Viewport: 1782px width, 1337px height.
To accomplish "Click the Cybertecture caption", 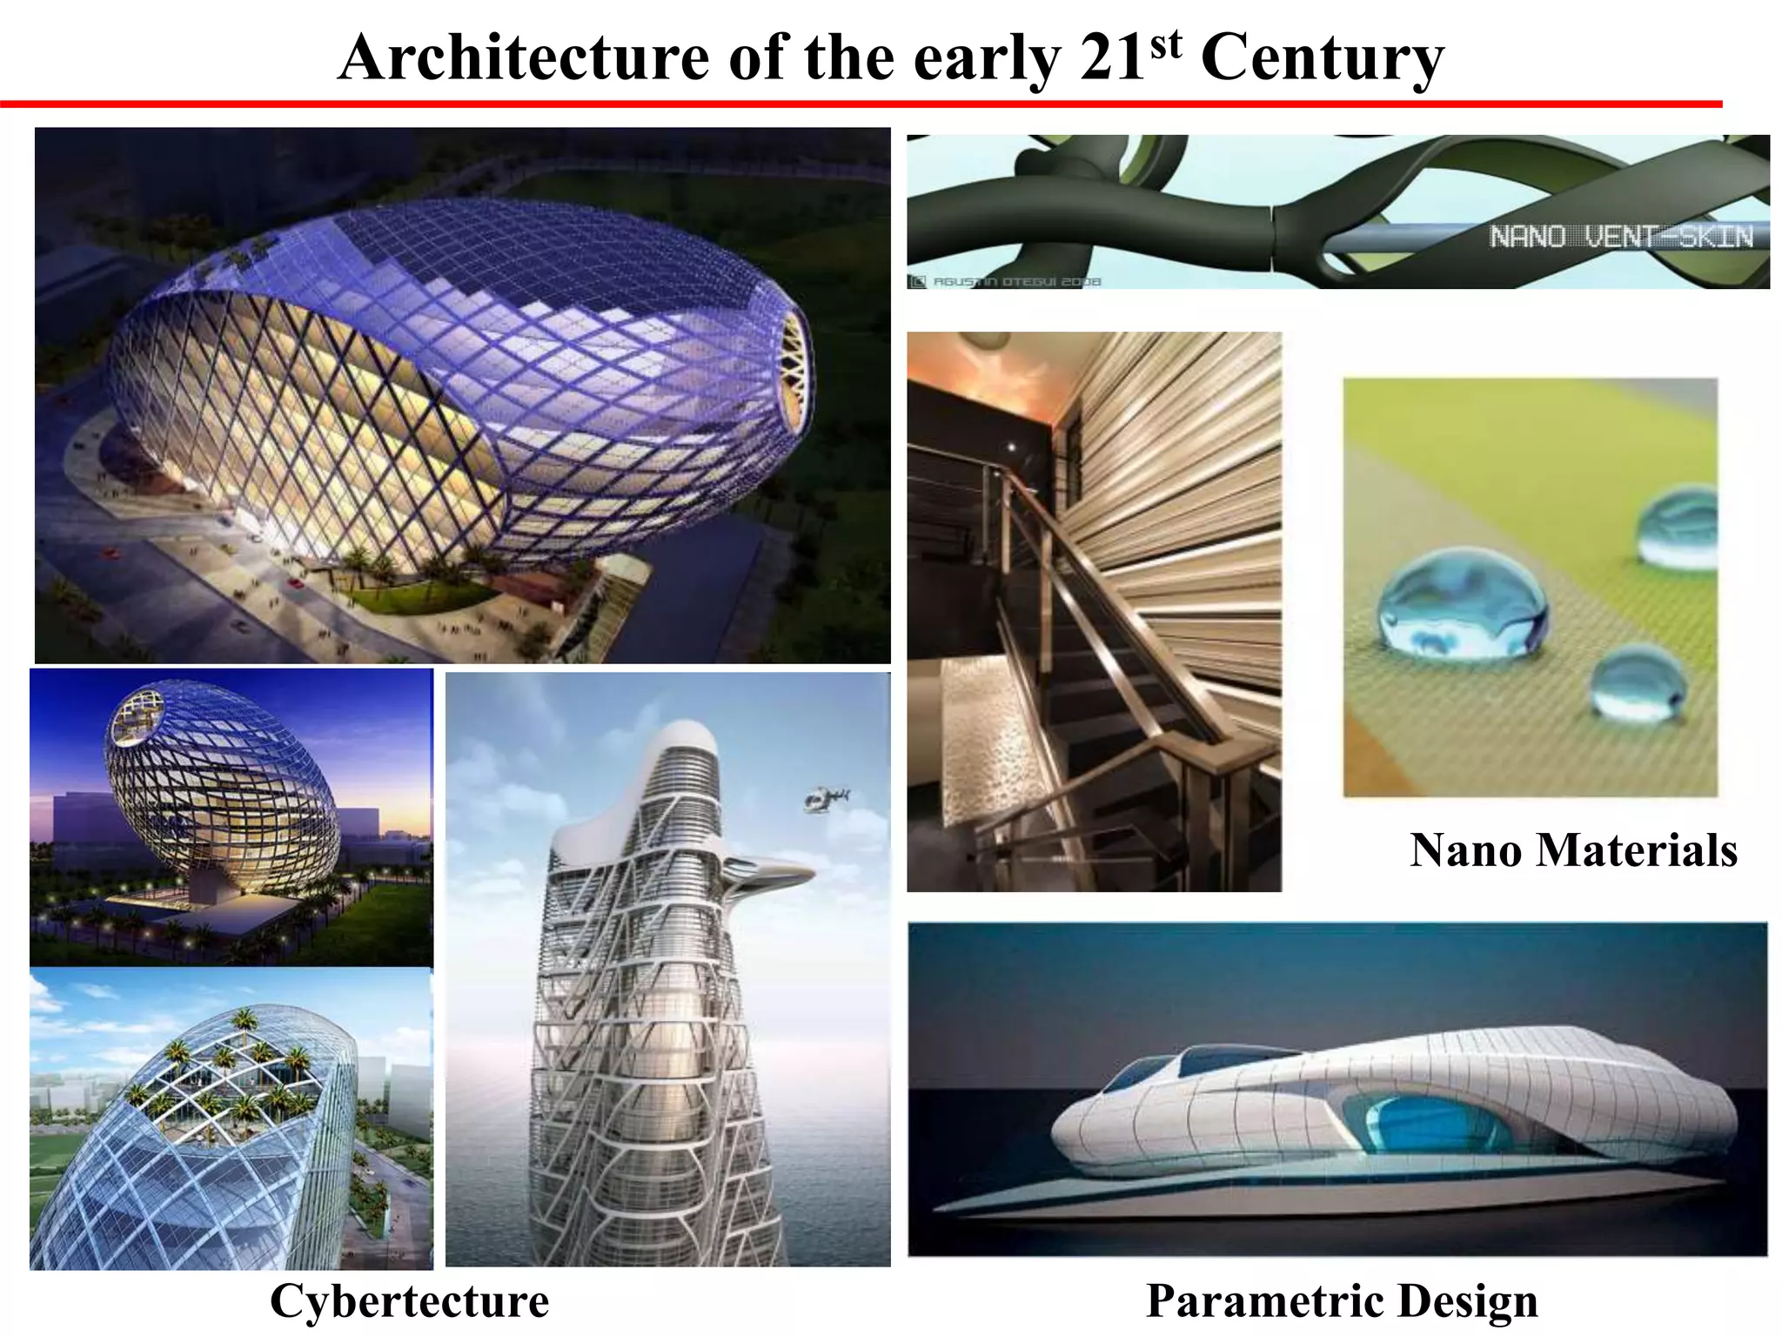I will (x=409, y=1301).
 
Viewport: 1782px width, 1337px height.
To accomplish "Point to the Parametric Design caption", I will (x=1342, y=1301).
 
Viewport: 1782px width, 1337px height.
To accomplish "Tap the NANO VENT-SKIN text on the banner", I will (x=1620, y=236).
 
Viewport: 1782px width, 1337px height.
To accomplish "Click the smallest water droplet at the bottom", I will (x=1638, y=683).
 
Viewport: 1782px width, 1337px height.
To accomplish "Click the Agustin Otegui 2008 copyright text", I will (x=1009, y=281).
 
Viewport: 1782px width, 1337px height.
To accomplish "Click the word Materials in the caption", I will (x=1636, y=850).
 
